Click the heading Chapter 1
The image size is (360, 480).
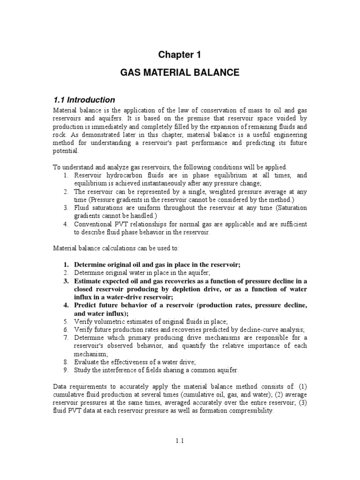180,55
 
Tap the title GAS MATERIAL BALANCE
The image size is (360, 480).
180,73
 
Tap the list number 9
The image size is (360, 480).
66,370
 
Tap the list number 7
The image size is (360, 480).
66,337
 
